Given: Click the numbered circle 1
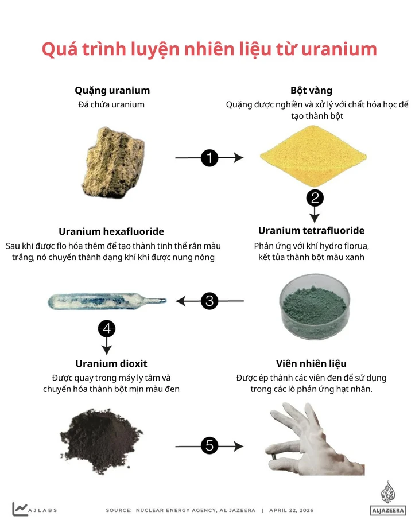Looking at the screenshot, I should click(x=209, y=158).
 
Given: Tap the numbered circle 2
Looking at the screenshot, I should click(x=315, y=198).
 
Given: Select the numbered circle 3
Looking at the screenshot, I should click(x=209, y=300).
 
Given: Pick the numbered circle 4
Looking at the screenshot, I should click(x=107, y=329).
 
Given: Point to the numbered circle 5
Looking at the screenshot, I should click(x=209, y=445).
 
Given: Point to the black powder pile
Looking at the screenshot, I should click(x=102, y=436).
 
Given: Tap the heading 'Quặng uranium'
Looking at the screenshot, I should click(x=112, y=90).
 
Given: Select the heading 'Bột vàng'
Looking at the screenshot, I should click(x=311, y=90).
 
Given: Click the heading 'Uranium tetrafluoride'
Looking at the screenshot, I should click(x=311, y=231).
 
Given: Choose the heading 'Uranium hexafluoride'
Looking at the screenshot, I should click(x=111, y=231).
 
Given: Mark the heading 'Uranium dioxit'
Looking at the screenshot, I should click(x=111, y=363).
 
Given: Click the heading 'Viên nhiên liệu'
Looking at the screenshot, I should click(x=311, y=363).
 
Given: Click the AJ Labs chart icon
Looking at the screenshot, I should click(x=20, y=509).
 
